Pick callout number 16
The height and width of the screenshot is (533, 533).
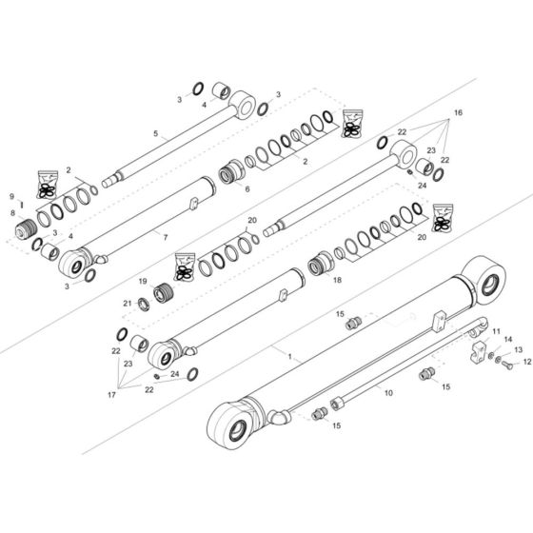459,113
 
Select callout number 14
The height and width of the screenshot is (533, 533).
507,340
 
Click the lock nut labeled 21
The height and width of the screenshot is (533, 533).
146,304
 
